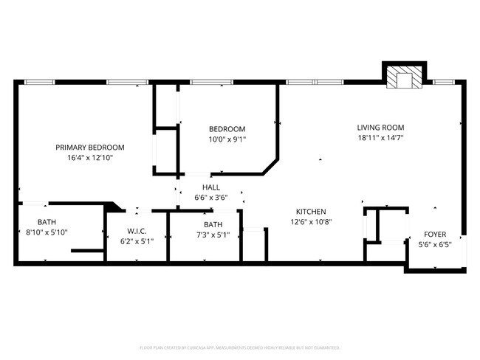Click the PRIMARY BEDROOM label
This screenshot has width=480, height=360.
90,147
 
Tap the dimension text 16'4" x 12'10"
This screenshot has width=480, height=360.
90,157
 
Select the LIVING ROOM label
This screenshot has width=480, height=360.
381,127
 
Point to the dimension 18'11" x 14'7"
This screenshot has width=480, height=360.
381,137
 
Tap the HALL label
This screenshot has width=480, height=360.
211,187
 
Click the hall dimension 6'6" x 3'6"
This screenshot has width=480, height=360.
211,198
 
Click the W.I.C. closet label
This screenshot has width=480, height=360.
137,230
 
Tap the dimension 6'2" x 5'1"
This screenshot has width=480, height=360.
137,240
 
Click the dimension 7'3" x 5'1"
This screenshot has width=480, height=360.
213,235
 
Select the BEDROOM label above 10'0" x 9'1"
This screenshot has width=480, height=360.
227,128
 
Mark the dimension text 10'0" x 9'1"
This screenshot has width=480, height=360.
227,139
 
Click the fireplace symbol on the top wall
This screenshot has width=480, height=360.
403,78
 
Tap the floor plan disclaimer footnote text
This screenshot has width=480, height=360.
240,347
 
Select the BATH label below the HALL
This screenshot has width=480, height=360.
213,225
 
